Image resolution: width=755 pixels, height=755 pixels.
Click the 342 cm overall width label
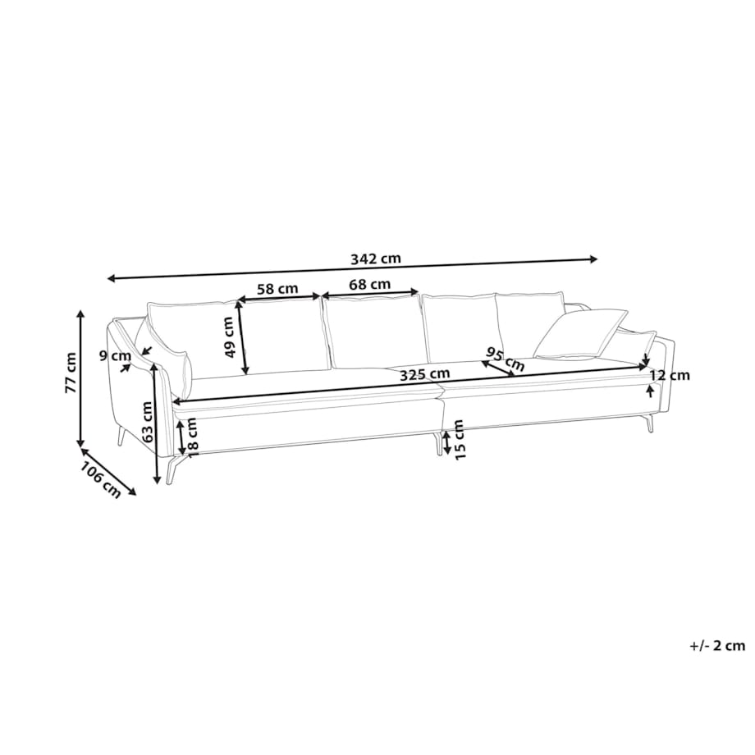pos(376,259)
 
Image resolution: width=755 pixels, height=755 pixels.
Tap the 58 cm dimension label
pos(277,289)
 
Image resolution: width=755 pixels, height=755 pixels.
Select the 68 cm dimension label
pos(370,284)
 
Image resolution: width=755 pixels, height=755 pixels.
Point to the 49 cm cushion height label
pos(229,336)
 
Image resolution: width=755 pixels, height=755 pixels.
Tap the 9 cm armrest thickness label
pos(115,356)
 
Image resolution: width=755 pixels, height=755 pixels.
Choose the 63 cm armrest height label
pos(148,422)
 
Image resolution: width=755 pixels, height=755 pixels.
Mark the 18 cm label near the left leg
pos(191,433)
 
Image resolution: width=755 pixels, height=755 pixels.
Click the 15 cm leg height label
pos(459,439)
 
